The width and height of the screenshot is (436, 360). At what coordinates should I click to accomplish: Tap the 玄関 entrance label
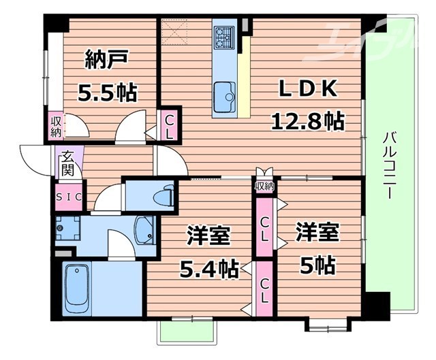point(67,163)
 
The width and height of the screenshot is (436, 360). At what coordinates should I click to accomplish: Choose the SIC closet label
point(68,197)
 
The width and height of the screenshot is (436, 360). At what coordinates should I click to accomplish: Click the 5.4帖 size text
point(209,269)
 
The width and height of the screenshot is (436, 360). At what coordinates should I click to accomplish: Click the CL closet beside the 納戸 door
point(170,125)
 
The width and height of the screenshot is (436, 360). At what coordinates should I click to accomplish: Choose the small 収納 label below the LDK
point(264,186)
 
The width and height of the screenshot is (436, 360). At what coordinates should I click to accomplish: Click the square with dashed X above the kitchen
point(178,31)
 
